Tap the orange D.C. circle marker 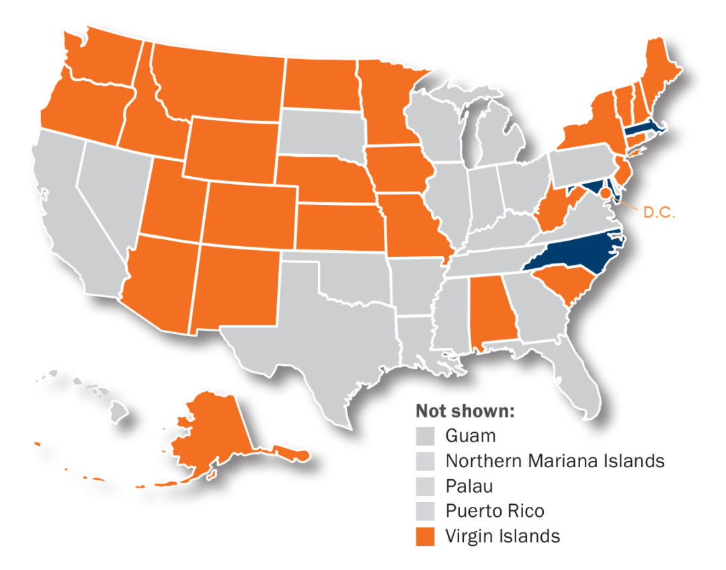click(605, 194)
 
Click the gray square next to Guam click(426, 436)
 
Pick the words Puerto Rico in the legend click(494, 512)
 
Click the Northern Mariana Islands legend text click(555, 461)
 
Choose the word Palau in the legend click(469, 486)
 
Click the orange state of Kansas click(336, 225)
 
